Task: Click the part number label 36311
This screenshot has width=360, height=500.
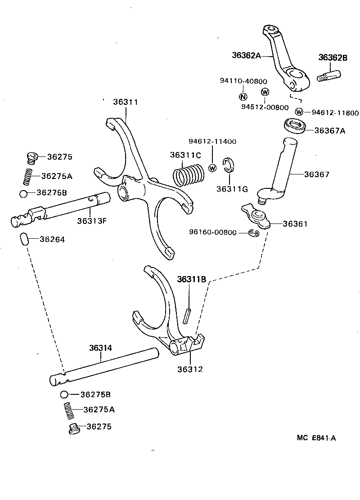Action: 126,103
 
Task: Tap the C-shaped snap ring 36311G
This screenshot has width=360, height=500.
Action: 229,165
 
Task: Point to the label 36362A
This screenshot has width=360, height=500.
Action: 246,55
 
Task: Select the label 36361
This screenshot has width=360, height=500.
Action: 295,223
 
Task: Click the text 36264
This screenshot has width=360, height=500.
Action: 52,240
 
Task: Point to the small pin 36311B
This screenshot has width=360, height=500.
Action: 189,313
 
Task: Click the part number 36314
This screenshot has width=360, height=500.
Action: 100,348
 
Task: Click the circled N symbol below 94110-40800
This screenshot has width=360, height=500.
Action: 243,96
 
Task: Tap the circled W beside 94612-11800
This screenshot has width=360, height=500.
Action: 299,112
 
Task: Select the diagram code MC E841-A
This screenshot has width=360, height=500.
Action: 316,438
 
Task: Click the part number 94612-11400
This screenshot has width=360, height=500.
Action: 212,142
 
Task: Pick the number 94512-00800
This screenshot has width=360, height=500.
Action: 265,107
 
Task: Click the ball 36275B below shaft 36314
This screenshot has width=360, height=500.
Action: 64,394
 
